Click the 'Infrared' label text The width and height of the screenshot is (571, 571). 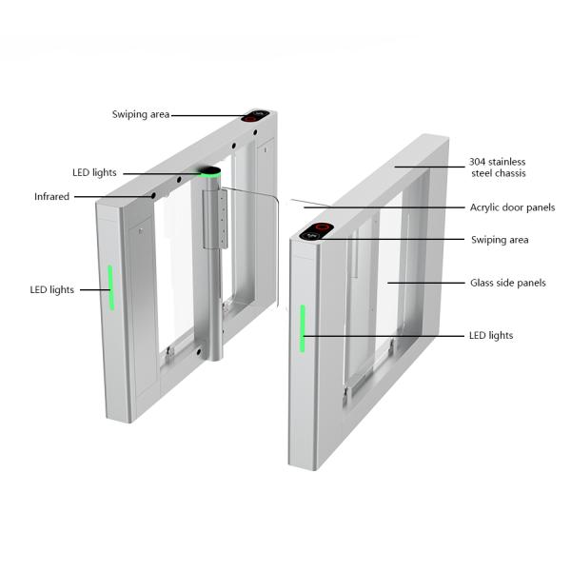pyautogui.click(x=51, y=197)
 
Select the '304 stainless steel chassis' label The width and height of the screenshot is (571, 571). pyautogui.click(x=497, y=167)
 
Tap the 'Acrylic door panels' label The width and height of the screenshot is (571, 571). pyautogui.click(x=512, y=207)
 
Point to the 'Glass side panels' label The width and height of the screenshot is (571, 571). pyautogui.click(x=507, y=283)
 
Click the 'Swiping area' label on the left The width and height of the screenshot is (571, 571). pyautogui.click(x=141, y=114)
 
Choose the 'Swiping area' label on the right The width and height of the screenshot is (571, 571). pyautogui.click(x=499, y=240)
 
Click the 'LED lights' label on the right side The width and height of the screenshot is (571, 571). pyautogui.click(x=491, y=335)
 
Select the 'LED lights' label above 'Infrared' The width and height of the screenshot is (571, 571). pyautogui.click(x=94, y=172)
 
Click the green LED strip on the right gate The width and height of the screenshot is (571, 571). pyautogui.click(x=304, y=328)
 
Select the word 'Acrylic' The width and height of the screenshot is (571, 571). pyautogui.click(x=485, y=207)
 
